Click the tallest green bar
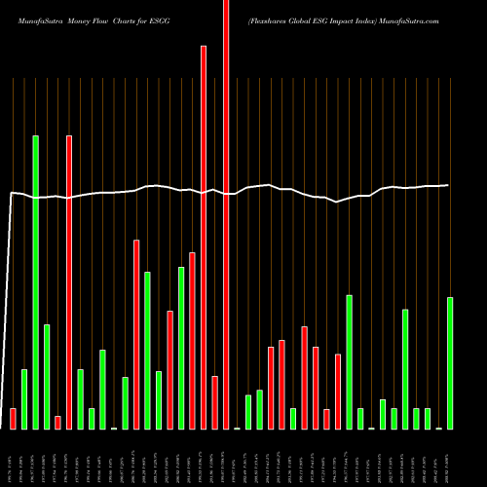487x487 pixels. pyautogui.click(x=35, y=282)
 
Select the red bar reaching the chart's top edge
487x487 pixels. pyautogui.click(x=226, y=214)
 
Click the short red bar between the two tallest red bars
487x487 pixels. pyautogui.click(x=214, y=402)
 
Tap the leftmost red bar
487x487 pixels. pyautogui.click(x=13, y=419)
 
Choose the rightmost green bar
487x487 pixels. pyautogui.click(x=449, y=362)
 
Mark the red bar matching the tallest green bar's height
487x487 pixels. pyautogui.click(x=69, y=282)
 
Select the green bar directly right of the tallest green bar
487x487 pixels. pyautogui.click(x=47, y=376)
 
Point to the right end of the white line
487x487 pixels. pyautogui.click(x=448, y=185)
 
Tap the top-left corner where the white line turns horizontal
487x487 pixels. pyautogui.click(x=12, y=194)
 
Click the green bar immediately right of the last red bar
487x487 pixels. pyautogui.click(x=349, y=361)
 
